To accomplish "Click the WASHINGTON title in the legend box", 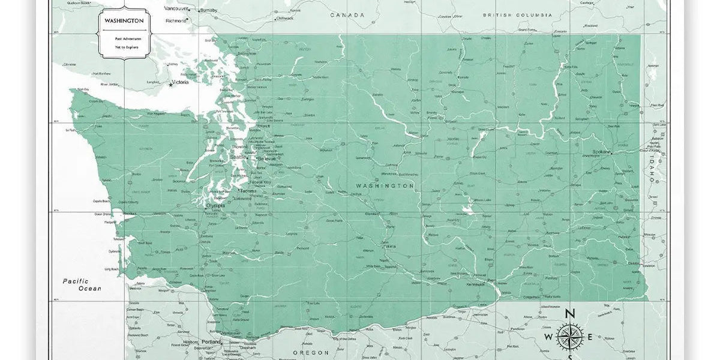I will tap(124, 20).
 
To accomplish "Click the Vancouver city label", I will tap(176, 8).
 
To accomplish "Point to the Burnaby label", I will tap(209, 10).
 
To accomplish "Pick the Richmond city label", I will tap(176, 20).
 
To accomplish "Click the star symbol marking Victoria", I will tap(170, 85).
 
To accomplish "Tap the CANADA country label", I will tap(347, 15).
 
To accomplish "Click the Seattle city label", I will tap(238, 157).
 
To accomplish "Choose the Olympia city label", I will tap(215, 205).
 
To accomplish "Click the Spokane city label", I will tap(602, 152).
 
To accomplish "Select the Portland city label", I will tap(212, 342).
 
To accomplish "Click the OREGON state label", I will tap(311, 352).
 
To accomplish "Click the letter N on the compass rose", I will tap(571, 313).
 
